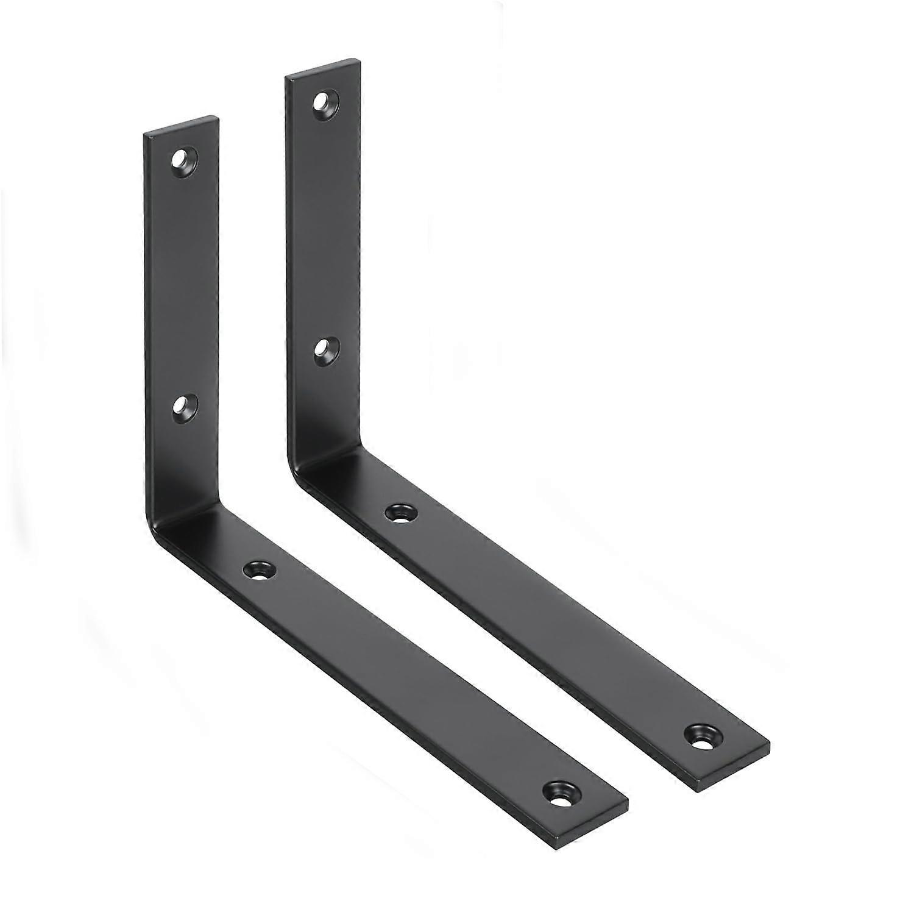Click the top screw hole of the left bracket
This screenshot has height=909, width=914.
181,160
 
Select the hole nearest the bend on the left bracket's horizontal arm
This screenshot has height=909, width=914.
259,569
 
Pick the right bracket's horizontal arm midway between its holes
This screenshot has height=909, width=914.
551,623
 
